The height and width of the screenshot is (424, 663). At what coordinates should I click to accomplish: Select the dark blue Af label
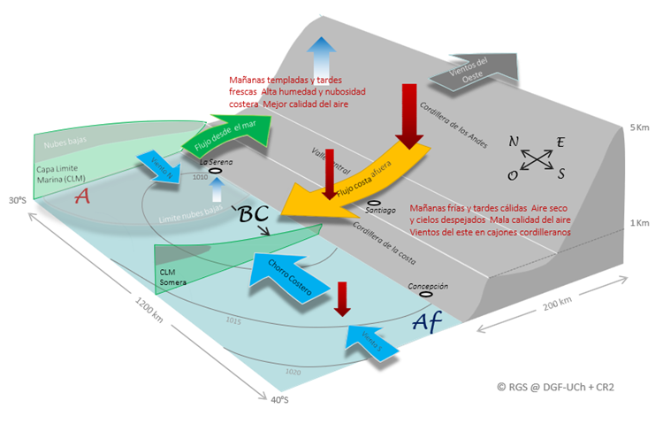433,322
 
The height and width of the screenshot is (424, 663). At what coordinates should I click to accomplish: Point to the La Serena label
215,162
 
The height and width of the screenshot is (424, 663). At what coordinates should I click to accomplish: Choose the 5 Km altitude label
639,128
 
